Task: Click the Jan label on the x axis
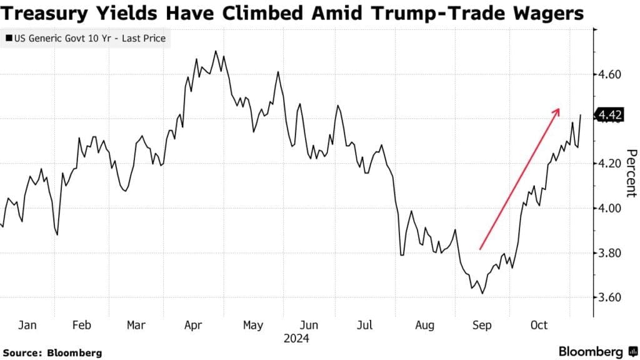pyautogui.click(x=27, y=326)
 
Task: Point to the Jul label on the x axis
pyautogui.click(x=365, y=326)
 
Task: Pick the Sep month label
pyautogui.click(x=481, y=326)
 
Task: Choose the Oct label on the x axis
pyautogui.click(x=539, y=326)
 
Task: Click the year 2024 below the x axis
pyautogui.click(x=296, y=339)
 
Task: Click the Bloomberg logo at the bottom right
pyautogui.click(x=597, y=351)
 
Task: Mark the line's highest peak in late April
pyautogui.click(x=216, y=51)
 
